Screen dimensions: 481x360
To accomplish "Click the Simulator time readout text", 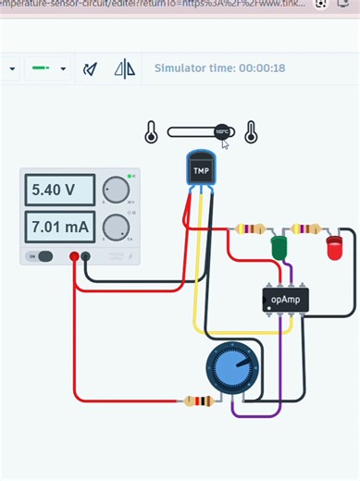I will coord(219,68).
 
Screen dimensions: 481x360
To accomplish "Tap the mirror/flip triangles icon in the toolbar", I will coord(124,68).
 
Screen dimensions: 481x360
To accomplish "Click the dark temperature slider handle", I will coord(222,132).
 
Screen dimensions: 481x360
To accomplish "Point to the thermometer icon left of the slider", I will coord(151,133).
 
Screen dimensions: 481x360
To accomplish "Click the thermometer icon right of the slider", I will coord(250,133).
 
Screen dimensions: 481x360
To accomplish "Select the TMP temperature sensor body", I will coord(201,169).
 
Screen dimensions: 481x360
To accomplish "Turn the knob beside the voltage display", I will coord(115,191).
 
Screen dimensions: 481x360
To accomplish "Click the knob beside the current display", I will coord(115,227).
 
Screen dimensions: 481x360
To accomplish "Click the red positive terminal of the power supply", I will coord(74,256).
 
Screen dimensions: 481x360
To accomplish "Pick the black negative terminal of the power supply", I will coord(86,256).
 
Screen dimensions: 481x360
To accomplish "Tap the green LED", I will coord(279,248).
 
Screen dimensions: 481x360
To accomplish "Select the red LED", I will coord(334,248).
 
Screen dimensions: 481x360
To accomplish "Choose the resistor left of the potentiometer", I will coord(199,401).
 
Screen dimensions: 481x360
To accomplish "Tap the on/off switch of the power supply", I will coord(42,256).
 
